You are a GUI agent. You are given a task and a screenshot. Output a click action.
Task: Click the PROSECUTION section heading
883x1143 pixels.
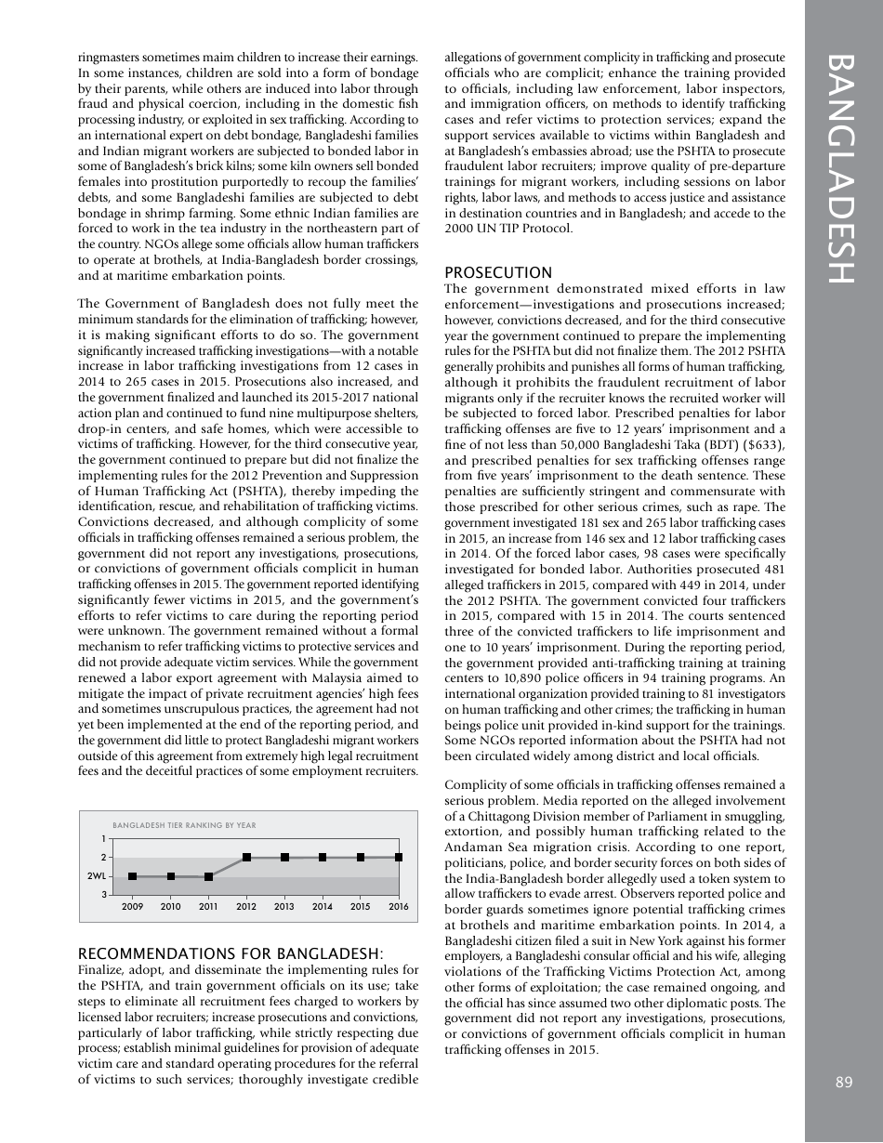tap(498, 272)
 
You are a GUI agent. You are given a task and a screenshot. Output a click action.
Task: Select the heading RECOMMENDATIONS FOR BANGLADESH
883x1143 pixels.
tap(230, 954)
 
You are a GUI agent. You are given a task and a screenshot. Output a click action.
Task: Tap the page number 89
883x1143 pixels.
tap(843, 1081)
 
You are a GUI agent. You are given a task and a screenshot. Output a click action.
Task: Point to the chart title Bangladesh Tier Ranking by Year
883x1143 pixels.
tap(184, 825)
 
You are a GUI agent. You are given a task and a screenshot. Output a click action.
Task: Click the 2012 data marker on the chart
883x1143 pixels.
tap(246, 858)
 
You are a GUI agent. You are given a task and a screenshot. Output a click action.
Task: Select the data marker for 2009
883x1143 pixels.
tap(133, 876)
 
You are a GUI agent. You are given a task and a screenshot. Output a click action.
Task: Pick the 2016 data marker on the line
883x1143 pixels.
tap(399, 858)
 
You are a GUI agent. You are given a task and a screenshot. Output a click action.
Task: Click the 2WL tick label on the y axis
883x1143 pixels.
tap(97, 876)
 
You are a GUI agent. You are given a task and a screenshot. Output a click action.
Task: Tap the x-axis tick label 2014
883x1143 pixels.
tap(323, 906)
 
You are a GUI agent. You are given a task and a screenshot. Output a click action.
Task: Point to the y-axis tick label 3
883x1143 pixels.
tap(103, 895)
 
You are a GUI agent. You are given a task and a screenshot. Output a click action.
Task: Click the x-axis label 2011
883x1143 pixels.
tap(209, 906)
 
